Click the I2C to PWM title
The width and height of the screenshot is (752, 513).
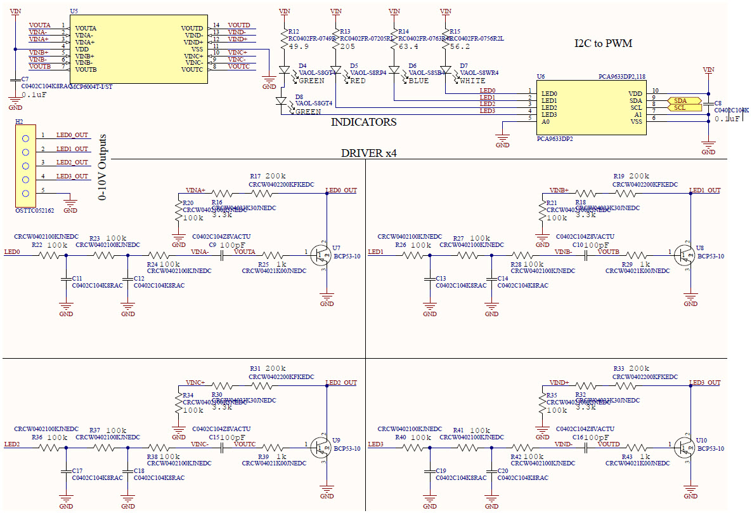[x=603, y=43]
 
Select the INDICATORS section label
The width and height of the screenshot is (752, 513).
[x=363, y=122]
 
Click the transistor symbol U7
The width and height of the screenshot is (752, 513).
[x=321, y=255]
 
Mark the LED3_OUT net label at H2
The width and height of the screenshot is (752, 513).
[x=72, y=177]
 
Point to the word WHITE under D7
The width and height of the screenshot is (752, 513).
[x=473, y=81]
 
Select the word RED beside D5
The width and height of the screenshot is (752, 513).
[x=358, y=81]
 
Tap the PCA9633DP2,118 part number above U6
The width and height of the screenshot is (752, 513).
[x=621, y=76]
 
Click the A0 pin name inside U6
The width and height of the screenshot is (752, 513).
[x=546, y=121]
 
